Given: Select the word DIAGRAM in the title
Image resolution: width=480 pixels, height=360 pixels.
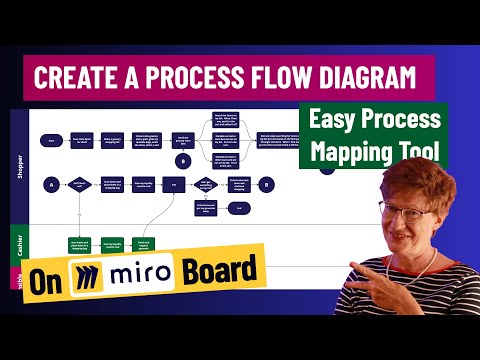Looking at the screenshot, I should pos(355,76).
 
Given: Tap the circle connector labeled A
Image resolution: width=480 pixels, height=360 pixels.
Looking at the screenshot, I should pos(50,184).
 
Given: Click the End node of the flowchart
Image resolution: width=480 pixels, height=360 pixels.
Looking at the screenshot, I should pos(239,208).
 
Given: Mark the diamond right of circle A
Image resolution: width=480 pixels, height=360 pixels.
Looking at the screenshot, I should pos(79,184).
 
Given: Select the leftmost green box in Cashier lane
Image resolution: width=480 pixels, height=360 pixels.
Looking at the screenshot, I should pos(80,244).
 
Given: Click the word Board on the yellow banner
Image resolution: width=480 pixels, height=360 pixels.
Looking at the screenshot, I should pos(214,271).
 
